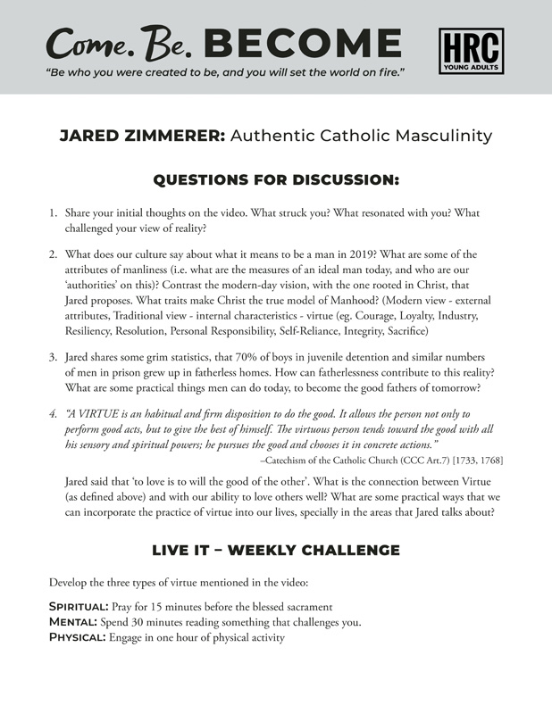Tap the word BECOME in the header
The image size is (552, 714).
coord(303,43)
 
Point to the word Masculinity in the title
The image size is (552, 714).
coord(443,137)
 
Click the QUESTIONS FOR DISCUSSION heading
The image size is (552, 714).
coord(275,180)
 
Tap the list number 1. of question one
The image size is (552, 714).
coord(54,214)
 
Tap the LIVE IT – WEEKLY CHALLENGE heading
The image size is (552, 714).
coord(275,550)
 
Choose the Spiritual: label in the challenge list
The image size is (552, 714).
coord(80,606)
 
